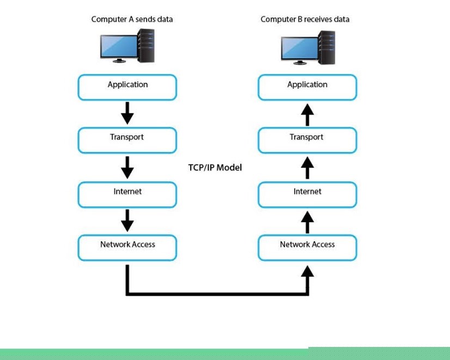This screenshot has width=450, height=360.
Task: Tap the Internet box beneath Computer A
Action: tap(127, 194)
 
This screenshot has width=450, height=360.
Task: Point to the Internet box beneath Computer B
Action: tap(307, 194)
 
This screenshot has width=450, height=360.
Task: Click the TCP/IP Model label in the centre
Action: tap(215, 168)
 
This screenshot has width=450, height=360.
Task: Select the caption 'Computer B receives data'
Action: tap(305, 20)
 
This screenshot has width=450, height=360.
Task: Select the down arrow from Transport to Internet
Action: tap(127, 167)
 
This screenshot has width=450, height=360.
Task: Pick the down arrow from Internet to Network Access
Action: tap(127, 221)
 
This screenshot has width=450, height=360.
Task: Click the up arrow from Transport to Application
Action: tap(308, 114)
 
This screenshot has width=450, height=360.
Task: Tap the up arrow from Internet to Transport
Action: tap(308, 167)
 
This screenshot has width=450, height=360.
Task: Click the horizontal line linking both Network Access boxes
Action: tap(218, 294)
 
